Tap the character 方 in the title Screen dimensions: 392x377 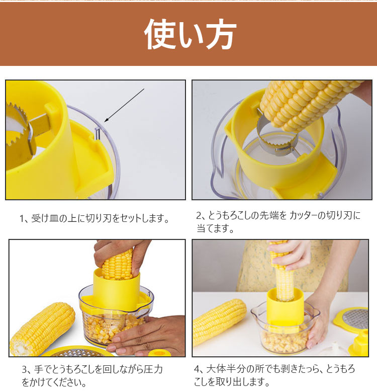coord(217,34)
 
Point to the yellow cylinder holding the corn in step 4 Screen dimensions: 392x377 coord(285,302)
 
